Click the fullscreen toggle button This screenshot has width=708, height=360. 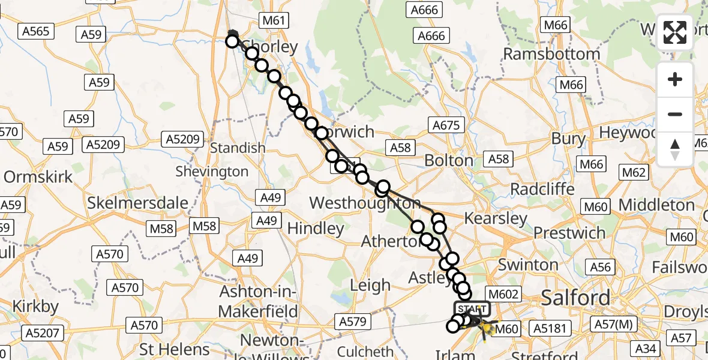[x=675, y=32]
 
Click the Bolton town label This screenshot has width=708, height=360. [x=449, y=160]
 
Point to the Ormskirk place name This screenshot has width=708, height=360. [x=38, y=177]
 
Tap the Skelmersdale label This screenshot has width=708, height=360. [x=138, y=203]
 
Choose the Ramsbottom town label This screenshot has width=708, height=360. [x=551, y=54]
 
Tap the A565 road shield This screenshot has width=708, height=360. [x=37, y=31]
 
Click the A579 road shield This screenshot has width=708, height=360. [x=352, y=322]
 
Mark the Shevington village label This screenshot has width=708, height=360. [x=212, y=172]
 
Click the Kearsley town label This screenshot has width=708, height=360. [x=495, y=218]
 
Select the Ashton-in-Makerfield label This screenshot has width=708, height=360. [x=259, y=302]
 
